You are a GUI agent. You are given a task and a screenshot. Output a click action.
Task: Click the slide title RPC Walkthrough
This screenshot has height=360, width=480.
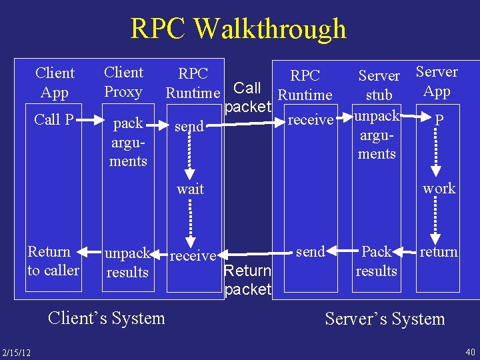tap(239, 29)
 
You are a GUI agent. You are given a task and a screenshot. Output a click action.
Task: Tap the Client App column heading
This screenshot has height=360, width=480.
tap(55, 83)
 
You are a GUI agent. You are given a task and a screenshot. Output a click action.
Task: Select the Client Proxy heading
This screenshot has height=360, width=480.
tap(123, 82)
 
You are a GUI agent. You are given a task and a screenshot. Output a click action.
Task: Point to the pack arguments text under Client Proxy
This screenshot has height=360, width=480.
tap(128, 142)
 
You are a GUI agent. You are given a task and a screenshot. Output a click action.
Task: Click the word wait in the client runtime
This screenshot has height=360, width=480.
tap(190, 189)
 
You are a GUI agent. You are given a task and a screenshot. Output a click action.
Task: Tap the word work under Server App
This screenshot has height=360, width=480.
tap(439, 189)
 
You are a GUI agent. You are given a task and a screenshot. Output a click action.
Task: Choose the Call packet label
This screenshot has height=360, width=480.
tap(248, 97)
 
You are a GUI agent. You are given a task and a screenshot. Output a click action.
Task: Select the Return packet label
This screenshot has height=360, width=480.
tap(248, 280)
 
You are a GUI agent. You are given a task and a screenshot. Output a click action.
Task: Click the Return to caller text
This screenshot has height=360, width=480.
tap(53, 261)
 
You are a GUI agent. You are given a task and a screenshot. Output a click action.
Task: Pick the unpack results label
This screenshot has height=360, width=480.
tap(127, 263)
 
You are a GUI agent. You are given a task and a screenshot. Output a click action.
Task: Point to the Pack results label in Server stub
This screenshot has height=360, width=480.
tap(377, 261)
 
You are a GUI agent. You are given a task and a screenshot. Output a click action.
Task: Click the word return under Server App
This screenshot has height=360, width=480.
tap(439, 252)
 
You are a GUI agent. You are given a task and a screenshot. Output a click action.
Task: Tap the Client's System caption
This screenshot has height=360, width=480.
tap(106, 318)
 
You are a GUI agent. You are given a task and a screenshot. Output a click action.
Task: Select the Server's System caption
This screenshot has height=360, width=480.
tap(385, 319)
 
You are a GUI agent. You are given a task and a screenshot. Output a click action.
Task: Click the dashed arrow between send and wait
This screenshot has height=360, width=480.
tap(190, 157)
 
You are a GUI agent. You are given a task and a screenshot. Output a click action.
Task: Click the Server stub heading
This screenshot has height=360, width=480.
tap(379, 85)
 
